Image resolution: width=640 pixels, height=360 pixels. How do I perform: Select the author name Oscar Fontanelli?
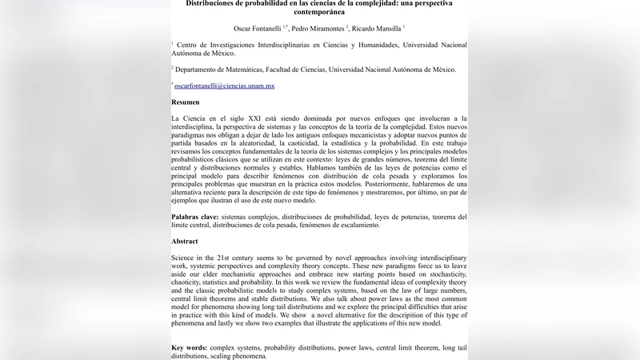[x=256, y=29]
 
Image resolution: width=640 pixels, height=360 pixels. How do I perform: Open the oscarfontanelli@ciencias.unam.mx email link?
[x=224, y=86]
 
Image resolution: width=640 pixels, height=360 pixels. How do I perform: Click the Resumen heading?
[x=186, y=102]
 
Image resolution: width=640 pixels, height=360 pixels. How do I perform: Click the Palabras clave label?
[x=194, y=217]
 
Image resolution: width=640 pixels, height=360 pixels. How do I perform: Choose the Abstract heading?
[x=186, y=242]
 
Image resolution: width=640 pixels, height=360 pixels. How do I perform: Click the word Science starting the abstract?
[x=185, y=258]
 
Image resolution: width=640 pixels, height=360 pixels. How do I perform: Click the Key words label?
[x=190, y=348]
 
